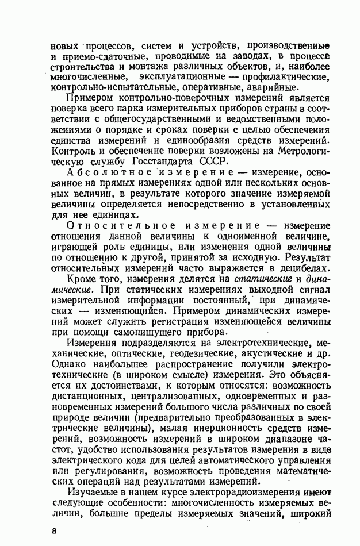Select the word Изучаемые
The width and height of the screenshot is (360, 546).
click(x=94, y=493)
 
